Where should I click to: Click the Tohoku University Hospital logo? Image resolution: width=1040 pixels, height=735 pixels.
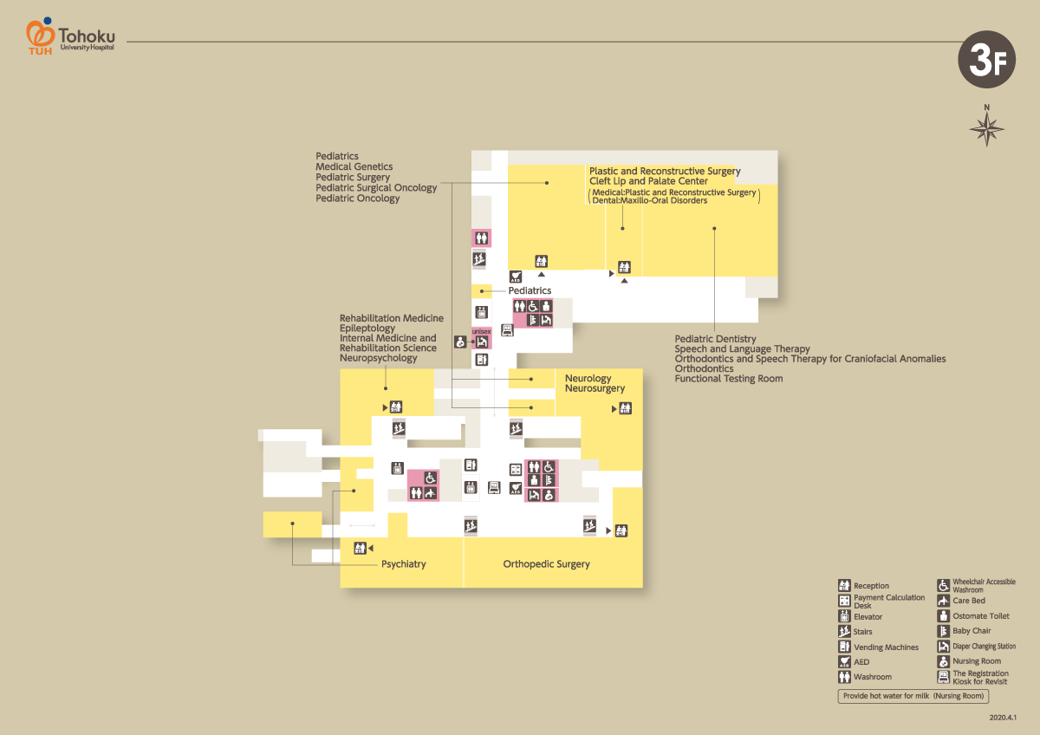click(69, 36)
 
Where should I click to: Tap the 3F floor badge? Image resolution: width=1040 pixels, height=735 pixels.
click(985, 60)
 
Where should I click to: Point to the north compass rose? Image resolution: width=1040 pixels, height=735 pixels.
click(986, 127)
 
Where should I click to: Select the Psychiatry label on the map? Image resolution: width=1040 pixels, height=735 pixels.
click(403, 564)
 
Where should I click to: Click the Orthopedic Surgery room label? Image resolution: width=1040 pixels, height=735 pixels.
click(546, 564)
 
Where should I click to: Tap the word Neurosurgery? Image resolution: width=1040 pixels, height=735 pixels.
click(595, 389)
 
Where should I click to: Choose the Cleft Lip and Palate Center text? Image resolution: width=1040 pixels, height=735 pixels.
click(648, 181)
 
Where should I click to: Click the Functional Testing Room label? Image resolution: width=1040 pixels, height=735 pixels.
click(728, 379)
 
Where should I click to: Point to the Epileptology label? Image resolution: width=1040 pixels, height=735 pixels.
click(367, 328)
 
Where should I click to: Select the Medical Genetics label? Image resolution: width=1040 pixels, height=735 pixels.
click(354, 166)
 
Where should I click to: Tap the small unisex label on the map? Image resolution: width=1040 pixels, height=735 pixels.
click(481, 331)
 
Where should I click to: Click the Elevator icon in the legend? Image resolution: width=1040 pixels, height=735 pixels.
click(844, 616)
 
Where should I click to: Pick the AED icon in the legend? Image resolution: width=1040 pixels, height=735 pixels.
click(844, 661)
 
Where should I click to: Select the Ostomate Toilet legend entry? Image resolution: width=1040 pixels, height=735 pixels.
click(981, 616)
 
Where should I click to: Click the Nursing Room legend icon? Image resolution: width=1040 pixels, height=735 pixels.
click(944, 661)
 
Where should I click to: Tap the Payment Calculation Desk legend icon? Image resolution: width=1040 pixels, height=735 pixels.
click(844, 601)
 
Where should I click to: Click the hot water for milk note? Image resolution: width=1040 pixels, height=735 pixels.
click(913, 696)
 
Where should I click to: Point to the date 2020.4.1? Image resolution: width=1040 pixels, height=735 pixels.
click(1003, 719)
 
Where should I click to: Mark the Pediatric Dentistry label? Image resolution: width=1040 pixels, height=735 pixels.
click(715, 339)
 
